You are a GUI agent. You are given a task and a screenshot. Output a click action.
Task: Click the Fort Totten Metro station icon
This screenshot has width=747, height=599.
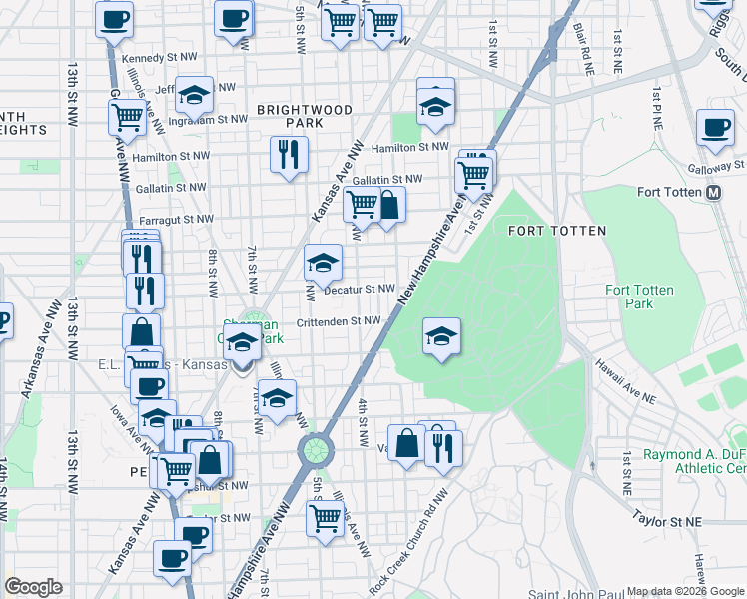[714, 193]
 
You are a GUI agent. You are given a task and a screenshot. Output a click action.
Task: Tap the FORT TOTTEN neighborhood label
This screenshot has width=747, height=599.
[556, 231]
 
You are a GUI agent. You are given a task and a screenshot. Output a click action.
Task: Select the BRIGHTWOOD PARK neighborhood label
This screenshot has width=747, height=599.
[290, 115]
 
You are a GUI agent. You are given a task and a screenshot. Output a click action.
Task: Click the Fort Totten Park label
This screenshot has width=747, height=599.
[639, 297]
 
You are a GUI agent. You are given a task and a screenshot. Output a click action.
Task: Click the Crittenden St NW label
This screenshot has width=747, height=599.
[340, 321]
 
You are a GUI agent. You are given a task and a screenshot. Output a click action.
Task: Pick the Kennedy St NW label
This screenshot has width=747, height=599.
[153, 59]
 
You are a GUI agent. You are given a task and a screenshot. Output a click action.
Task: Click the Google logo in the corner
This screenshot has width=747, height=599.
[33, 587]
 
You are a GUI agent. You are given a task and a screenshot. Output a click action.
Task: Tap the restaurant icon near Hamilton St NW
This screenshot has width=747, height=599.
[288, 154]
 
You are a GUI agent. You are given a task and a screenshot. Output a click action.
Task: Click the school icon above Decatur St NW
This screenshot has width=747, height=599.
[323, 262]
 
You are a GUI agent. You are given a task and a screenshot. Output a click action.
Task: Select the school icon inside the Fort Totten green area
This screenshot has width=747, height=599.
[441, 335]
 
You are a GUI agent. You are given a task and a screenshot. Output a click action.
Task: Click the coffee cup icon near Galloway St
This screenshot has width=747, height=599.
[715, 128]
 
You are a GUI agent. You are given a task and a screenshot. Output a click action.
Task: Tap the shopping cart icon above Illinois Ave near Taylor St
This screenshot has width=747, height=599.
[325, 517]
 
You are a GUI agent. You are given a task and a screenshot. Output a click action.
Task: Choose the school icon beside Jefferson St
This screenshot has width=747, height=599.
[194, 94]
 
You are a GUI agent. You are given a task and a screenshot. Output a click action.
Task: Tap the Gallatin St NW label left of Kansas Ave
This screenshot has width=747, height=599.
[172, 187]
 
